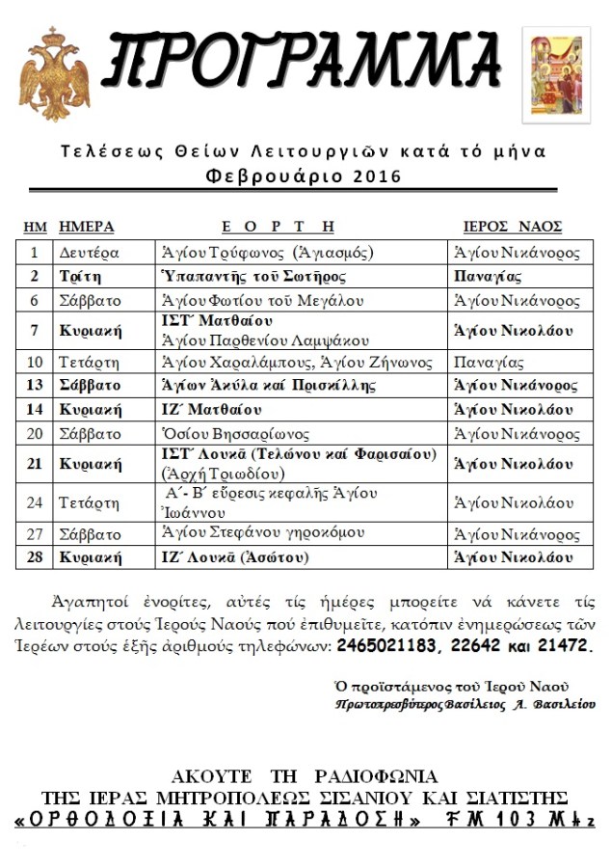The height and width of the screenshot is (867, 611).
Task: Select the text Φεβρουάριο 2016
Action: tap(304, 176)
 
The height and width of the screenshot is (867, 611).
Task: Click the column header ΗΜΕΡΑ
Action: tap(87, 227)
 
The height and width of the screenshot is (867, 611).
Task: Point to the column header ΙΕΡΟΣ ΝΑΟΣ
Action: tap(513, 227)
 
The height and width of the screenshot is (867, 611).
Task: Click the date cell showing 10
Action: tap(35, 364)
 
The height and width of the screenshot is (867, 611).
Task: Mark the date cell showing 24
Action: tap(35, 502)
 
